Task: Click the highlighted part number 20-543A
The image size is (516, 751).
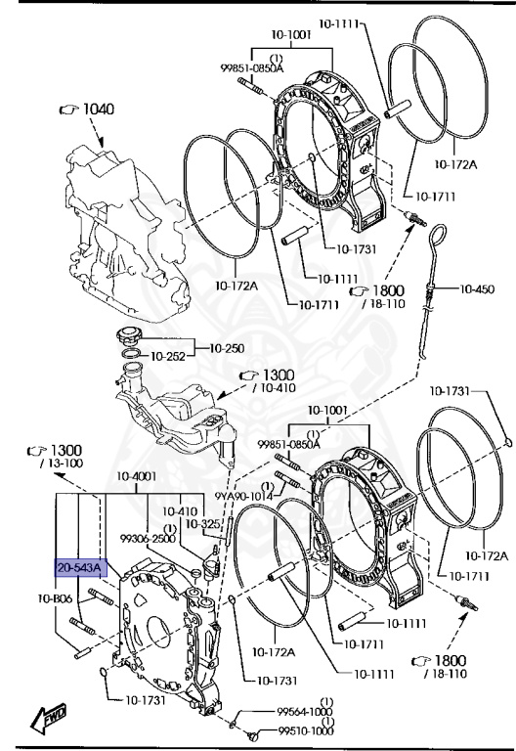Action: (79, 568)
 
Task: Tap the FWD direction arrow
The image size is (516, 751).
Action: (49, 717)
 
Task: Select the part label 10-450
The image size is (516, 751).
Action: (477, 288)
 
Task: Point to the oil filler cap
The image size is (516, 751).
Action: (129, 334)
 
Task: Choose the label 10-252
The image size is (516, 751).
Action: (168, 356)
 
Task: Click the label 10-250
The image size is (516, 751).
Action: (227, 349)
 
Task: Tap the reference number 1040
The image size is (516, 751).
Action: (99, 110)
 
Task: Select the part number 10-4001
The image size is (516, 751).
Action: (137, 476)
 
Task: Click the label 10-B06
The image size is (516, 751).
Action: (55, 598)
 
